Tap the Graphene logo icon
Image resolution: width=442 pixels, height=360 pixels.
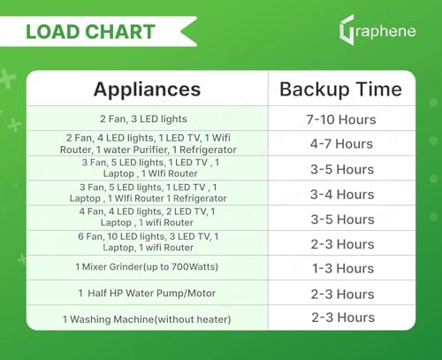click(347, 32)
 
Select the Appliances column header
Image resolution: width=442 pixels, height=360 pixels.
click(147, 89)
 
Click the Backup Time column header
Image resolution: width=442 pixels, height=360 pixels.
click(340, 89)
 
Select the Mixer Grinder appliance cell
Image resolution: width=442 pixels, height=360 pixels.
click(147, 267)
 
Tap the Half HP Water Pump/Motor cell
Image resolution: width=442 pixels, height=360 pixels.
click(147, 293)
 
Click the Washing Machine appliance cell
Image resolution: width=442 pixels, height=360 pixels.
click(147, 318)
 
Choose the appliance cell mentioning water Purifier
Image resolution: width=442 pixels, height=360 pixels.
click(147, 144)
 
